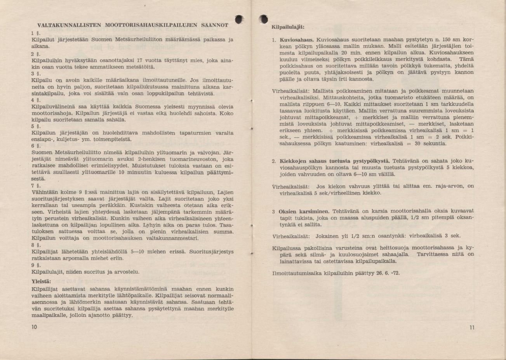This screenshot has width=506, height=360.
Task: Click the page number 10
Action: pos(34,327)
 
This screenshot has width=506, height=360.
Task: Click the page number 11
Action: pos(471,327)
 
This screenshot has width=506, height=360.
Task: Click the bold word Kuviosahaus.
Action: pos(297,40)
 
